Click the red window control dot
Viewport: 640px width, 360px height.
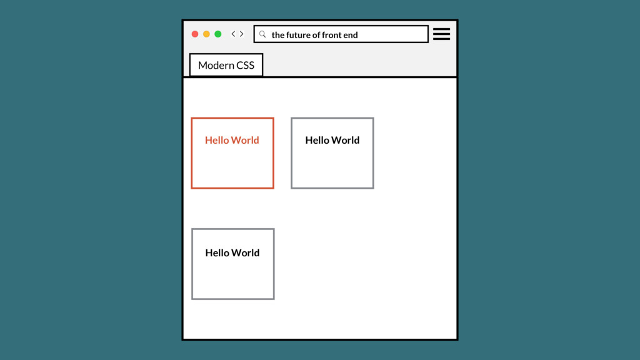point(195,34)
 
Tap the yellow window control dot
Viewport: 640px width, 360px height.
point(206,34)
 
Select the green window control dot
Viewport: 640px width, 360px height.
point(218,34)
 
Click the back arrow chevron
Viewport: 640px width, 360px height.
point(233,34)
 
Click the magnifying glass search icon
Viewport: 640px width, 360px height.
point(262,34)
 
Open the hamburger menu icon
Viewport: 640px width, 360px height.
point(441,34)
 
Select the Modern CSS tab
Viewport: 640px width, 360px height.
point(226,65)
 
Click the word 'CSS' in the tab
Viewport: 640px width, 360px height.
point(245,65)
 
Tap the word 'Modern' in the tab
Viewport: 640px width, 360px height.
point(216,65)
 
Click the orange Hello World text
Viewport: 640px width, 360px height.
point(232,140)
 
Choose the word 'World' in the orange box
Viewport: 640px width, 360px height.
point(246,140)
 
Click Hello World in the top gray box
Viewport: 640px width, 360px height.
point(332,140)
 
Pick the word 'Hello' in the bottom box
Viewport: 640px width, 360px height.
point(217,252)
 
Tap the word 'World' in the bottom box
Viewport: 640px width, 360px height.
point(246,252)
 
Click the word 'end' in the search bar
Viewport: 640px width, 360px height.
point(350,35)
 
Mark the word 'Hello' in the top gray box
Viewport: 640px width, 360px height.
point(317,140)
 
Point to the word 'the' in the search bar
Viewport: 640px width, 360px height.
point(277,35)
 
